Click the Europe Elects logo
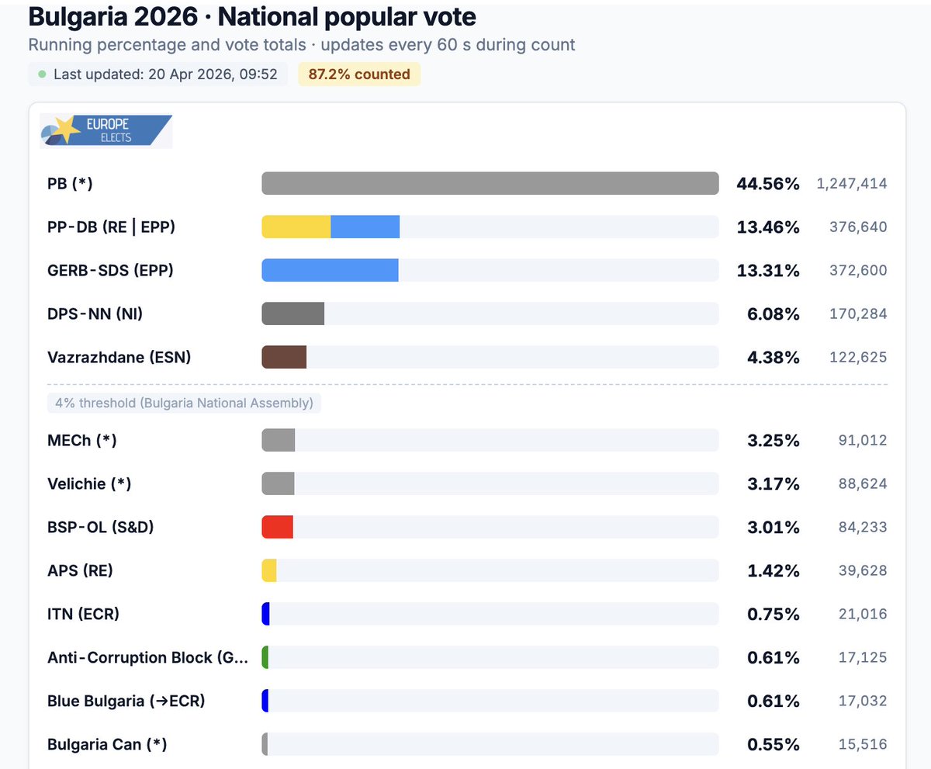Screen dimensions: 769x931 click(106, 130)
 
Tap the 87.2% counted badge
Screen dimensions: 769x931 click(359, 74)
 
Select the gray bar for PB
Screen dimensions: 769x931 click(490, 184)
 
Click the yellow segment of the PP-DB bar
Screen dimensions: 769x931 click(296, 227)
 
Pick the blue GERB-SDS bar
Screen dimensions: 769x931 click(330, 271)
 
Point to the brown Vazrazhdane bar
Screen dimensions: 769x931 click(284, 358)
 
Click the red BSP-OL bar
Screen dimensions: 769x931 click(277, 528)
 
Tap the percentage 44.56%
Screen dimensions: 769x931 click(767, 184)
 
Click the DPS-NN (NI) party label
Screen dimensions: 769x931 click(95, 314)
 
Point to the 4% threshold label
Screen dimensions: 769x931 click(184, 404)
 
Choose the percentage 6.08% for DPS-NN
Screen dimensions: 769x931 click(773, 314)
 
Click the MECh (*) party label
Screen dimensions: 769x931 click(82, 441)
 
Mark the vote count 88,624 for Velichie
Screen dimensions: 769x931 click(862, 484)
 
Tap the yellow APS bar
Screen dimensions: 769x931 click(269, 571)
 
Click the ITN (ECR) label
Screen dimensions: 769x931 click(83, 615)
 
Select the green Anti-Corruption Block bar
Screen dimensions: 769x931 click(265, 658)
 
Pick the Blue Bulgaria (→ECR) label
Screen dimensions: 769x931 click(125, 701)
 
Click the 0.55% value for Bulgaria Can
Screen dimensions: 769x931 click(773, 745)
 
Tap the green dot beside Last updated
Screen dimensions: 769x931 click(42, 74)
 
